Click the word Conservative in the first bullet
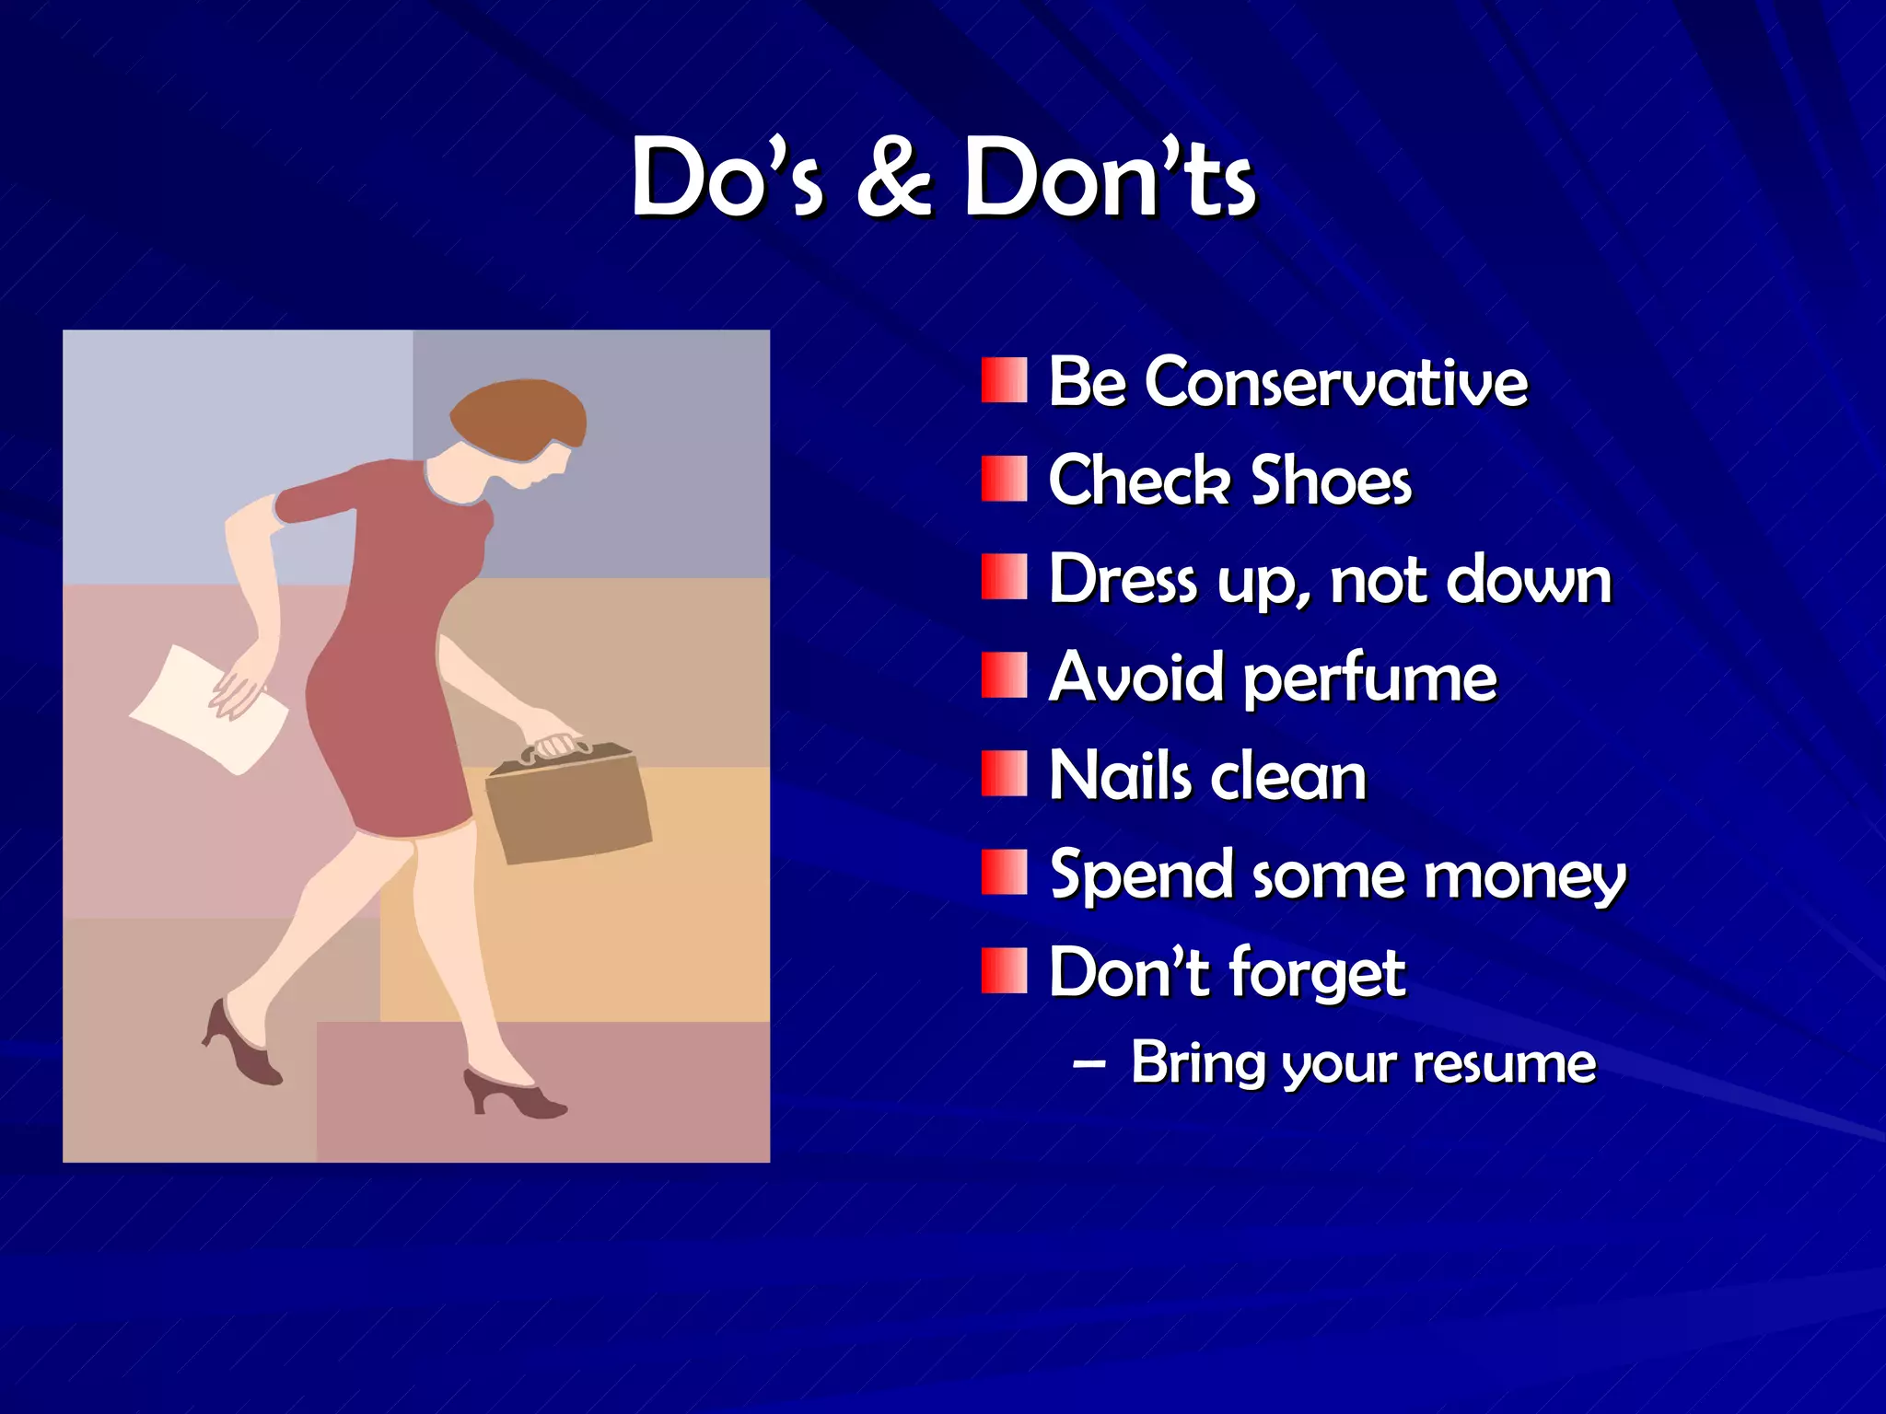pyautogui.click(x=1335, y=382)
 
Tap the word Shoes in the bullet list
pyautogui.click(x=1331, y=481)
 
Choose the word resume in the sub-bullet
pyautogui.click(x=1504, y=1064)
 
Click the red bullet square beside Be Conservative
pyautogui.click(x=1004, y=380)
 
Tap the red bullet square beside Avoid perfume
pyautogui.click(x=1004, y=676)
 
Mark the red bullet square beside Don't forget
pyautogui.click(x=1004, y=971)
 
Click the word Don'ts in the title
pyautogui.click(x=1109, y=177)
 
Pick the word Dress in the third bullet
pyautogui.click(x=1123, y=580)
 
